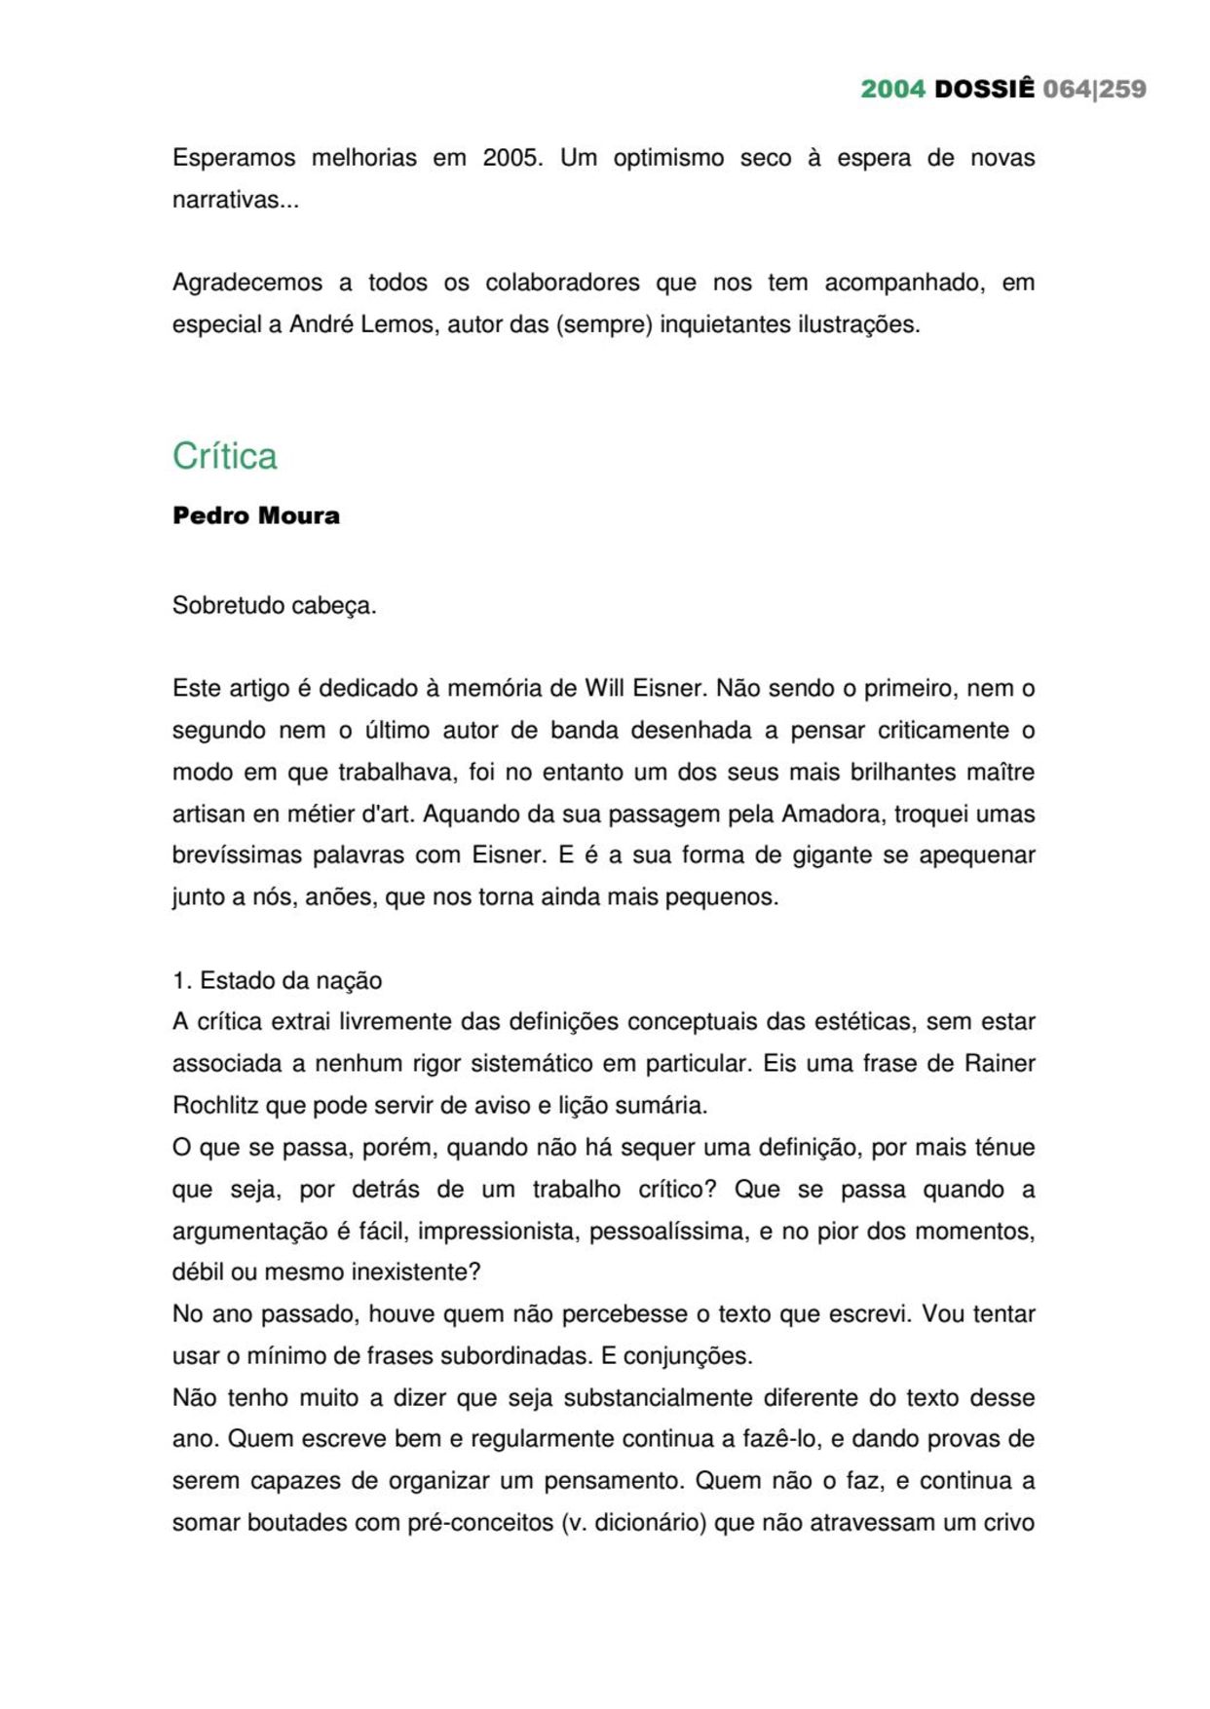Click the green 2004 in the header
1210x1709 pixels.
point(892,89)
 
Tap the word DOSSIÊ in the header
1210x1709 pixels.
point(984,89)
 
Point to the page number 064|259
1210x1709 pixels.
point(1094,89)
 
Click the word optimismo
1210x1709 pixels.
point(668,158)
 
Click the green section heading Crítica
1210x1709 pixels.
point(225,456)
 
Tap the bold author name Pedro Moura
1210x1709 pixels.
point(256,515)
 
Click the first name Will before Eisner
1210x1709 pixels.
point(604,689)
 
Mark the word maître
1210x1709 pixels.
point(999,772)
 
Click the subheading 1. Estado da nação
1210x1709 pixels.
point(277,981)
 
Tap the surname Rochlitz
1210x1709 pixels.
point(215,1106)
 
